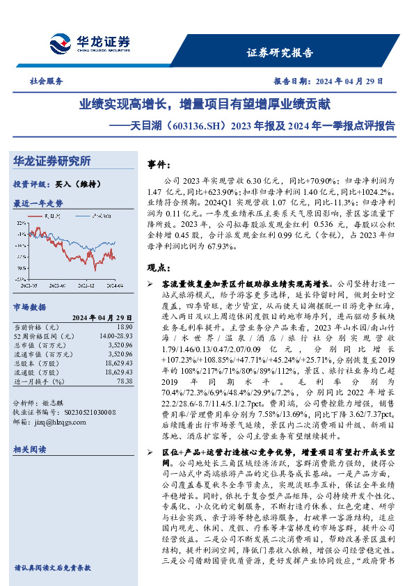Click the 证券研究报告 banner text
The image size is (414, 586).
(x=280, y=53)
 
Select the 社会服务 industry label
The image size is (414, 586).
(x=43, y=81)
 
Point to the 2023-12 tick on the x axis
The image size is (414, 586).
(x=86, y=285)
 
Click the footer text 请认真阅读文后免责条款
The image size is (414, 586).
(x=53, y=567)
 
